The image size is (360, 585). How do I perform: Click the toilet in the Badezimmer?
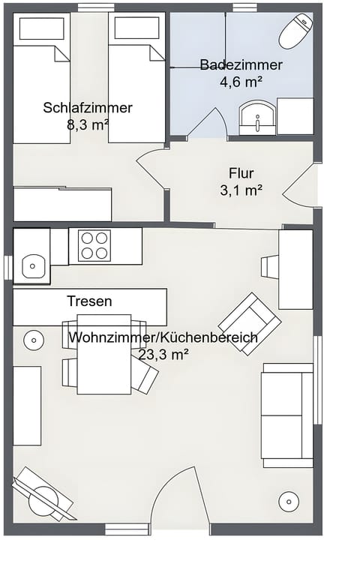pyautogui.click(x=295, y=31)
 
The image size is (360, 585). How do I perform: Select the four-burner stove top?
pyautogui.click(x=94, y=246)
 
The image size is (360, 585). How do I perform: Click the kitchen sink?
pyautogui.click(x=32, y=265)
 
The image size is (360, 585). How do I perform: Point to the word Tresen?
pyautogui.click(x=89, y=301)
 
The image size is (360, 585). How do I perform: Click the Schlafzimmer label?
pyautogui.click(x=88, y=108)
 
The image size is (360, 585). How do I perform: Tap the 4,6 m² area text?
pyautogui.click(x=241, y=81)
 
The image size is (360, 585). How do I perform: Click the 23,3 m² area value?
pyautogui.click(x=163, y=354)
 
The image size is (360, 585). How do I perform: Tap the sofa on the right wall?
pyautogui.click(x=286, y=414)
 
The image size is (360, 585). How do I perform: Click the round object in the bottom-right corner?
pyautogui.click(x=288, y=500)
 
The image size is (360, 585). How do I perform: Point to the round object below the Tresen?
pyautogui.click(x=34, y=340)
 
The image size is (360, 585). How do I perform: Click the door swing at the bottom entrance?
pyautogui.click(x=178, y=499)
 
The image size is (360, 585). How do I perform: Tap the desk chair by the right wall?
pyautogui.click(x=269, y=266)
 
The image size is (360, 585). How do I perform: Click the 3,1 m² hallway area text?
pyautogui.click(x=241, y=190)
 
